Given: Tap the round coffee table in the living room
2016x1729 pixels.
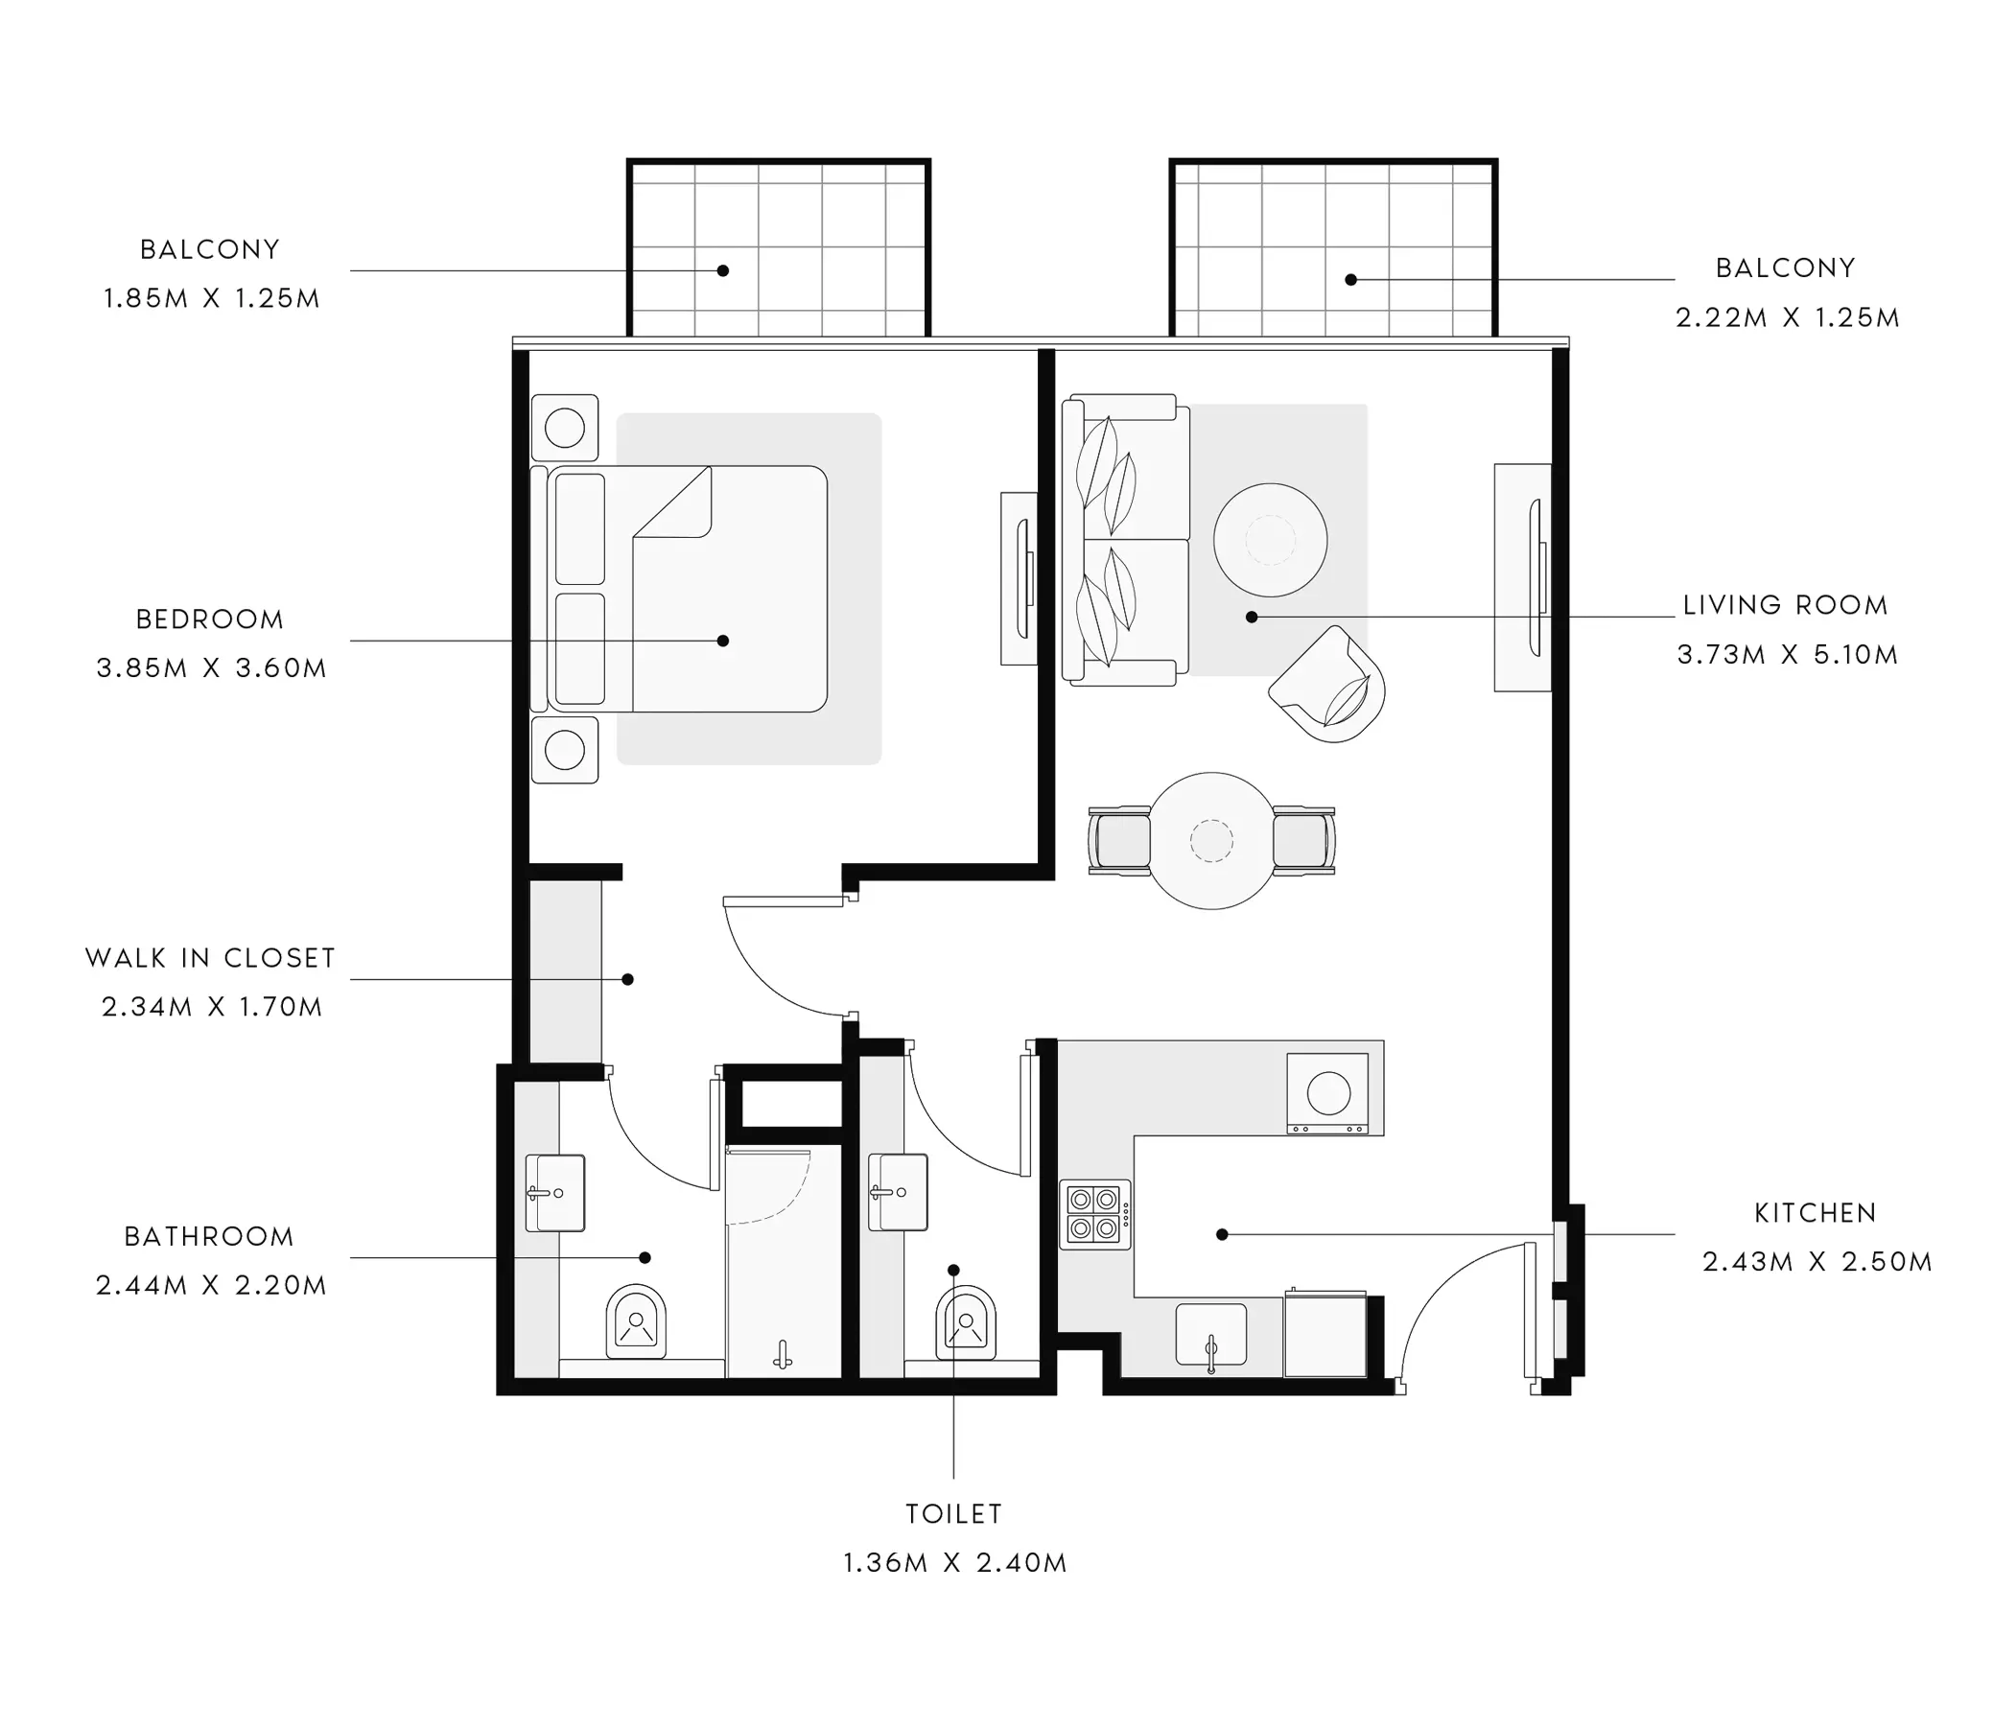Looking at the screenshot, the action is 1270,540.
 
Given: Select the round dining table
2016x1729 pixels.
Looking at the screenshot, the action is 1211,841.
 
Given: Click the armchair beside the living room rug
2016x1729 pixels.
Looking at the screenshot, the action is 1328,684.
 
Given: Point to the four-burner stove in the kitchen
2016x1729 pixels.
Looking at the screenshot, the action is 1094,1214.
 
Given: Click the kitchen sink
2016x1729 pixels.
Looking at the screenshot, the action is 1211,1335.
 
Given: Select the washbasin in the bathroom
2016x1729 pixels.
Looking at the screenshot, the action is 554,1193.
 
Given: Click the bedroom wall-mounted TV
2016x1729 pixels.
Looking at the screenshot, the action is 1020,579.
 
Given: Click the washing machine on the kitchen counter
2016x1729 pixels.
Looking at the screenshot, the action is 1327,1092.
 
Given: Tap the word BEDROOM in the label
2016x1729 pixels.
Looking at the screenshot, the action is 210,619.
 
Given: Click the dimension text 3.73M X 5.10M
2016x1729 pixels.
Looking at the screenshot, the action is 1788,655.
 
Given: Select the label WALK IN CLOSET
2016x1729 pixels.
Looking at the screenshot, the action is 210,958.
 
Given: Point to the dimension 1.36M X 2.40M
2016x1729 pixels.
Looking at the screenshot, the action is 954,1564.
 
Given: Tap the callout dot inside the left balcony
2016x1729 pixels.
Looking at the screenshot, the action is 723,270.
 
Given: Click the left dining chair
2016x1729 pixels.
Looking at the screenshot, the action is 1119,840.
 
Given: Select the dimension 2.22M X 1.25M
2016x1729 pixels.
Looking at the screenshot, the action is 1788,318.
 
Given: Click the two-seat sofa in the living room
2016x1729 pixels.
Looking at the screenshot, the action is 1126,540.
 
